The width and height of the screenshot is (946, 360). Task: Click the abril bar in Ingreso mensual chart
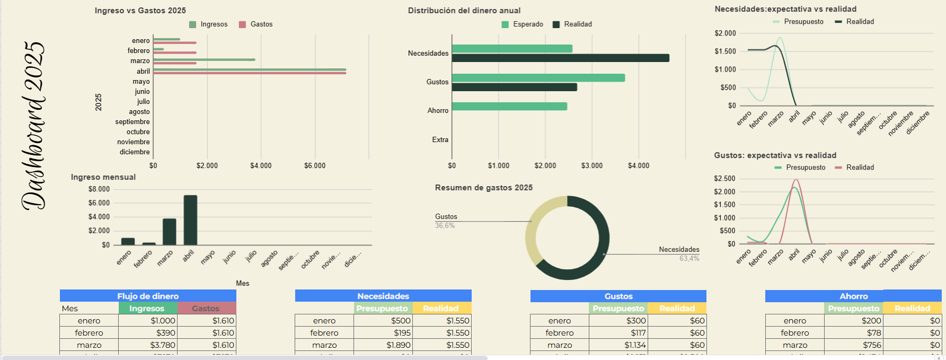(x=190, y=219)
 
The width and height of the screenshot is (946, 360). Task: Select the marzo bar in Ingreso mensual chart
(x=169, y=231)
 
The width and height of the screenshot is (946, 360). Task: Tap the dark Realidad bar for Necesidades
(x=560, y=58)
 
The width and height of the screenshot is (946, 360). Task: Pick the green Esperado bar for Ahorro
(x=509, y=107)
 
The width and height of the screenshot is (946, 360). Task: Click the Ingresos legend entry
(x=209, y=24)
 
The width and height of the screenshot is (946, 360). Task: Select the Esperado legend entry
(x=523, y=24)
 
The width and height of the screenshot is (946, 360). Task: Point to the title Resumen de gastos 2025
(x=483, y=188)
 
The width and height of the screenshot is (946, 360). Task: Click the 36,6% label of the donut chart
(x=445, y=226)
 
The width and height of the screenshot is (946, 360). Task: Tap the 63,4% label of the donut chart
(x=689, y=259)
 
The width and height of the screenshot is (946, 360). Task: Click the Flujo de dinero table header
(x=148, y=296)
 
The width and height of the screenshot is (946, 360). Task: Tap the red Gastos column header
(x=206, y=309)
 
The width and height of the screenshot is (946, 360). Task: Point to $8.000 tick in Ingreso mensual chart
(x=99, y=189)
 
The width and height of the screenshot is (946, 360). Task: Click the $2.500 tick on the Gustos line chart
(x=724, y=179)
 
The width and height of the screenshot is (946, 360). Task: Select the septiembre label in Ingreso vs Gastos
(x=132, y=122)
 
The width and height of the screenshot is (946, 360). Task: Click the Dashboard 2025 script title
(x=33, y=126)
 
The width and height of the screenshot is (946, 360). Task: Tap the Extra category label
(x=440, y=140)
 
